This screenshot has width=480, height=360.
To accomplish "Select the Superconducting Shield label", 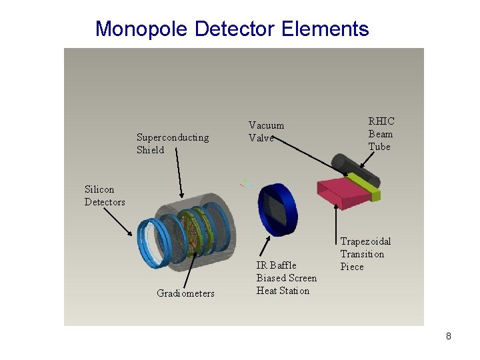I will point(172,143).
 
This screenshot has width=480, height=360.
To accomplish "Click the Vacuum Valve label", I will point(266,131).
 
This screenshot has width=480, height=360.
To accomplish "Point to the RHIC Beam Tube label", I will point(381,133).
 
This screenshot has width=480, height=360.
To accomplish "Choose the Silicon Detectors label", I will point(105,196).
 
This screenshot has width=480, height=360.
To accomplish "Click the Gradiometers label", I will point(185,293).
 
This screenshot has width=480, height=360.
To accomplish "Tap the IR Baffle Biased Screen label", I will point(286,278).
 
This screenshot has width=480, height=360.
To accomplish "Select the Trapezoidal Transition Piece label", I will point(365,254).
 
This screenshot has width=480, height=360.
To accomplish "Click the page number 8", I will point(449,336).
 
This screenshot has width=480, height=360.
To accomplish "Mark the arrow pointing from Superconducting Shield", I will point(180,174).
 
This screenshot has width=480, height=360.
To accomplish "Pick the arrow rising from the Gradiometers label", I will point(191,270).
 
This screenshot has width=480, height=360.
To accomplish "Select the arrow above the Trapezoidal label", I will point(335,220).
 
